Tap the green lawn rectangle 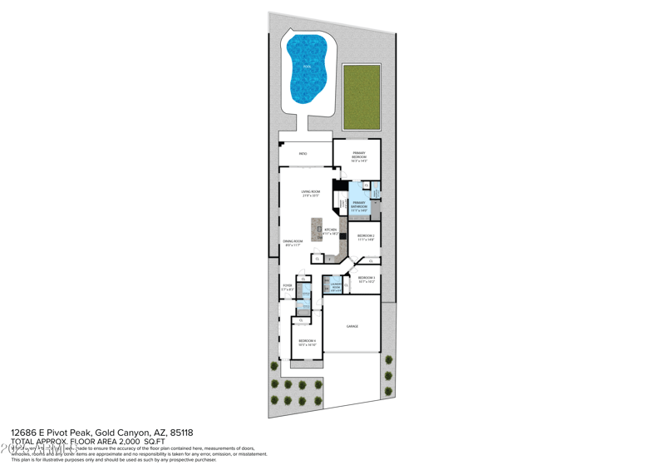coord(361,97)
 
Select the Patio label coord(303,154)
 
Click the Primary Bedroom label coord(358,156)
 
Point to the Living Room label coord(310,193)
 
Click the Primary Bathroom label coord(358,205)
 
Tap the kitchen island coord(316,230)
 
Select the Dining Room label coord(293,243)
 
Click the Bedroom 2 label coord(366,237)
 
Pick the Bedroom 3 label coord(366,280)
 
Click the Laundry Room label coord(336,288)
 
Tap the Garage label coord(352,326)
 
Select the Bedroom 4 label coord(307,342)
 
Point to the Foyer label coord(287,288)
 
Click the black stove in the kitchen coord(342,235)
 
